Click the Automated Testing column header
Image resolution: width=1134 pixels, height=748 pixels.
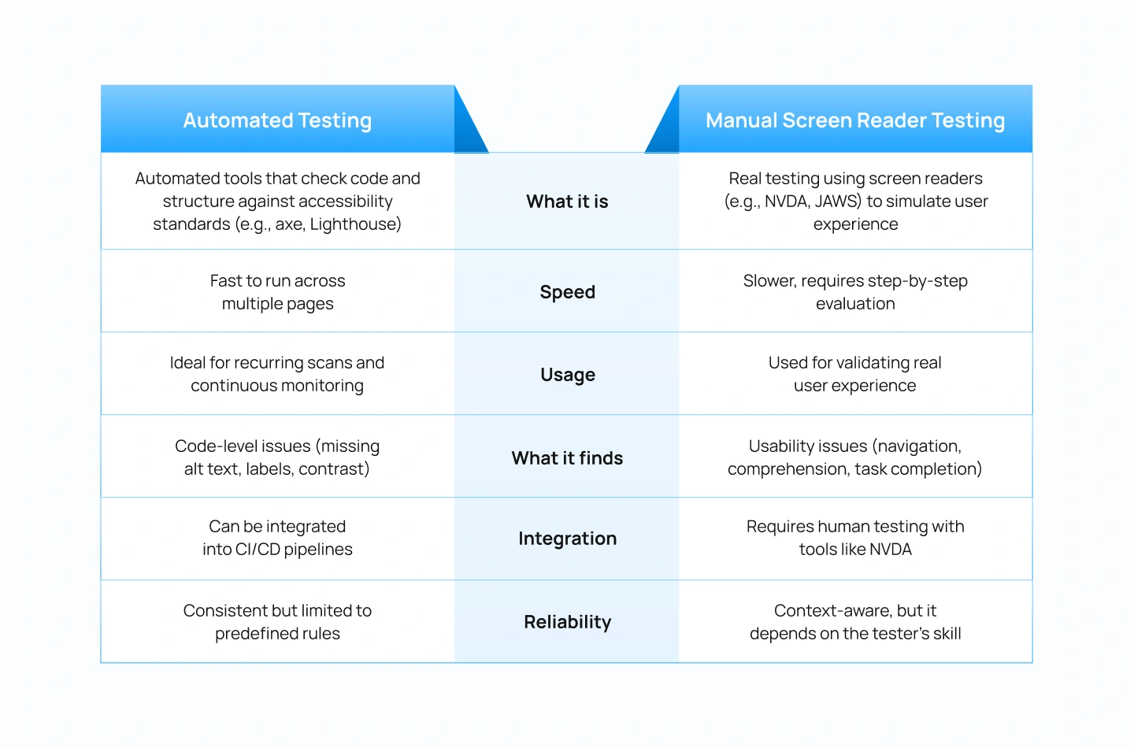tap(277, 120)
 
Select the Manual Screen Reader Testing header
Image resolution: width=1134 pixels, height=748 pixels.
tap(855, 120)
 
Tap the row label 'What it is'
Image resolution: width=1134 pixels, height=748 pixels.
tap(567, 202)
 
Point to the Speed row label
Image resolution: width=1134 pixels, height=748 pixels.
tap(567, 292)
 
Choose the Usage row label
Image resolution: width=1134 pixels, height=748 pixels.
tap(567, 375)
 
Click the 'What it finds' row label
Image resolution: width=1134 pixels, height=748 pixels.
tap(567, 458)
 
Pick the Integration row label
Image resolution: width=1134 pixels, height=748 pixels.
tap(567, 539)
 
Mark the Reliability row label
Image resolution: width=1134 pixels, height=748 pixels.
tap(567, 622)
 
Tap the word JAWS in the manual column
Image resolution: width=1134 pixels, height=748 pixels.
tap(837, 202)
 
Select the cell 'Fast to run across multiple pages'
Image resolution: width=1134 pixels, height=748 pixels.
tap(277, 292)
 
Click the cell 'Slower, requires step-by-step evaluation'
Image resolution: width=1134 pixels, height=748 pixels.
tap(855, 292)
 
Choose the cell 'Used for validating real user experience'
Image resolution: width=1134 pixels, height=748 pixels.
tap(855, 374)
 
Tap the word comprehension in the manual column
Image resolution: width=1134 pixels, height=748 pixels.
tap(787, 469)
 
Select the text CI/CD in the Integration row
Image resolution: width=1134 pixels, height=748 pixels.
tap(258, 550)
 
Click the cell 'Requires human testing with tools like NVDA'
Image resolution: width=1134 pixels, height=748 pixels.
tap(855, 538)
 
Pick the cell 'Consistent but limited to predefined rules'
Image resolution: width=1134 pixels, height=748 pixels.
tap(277, 622)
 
